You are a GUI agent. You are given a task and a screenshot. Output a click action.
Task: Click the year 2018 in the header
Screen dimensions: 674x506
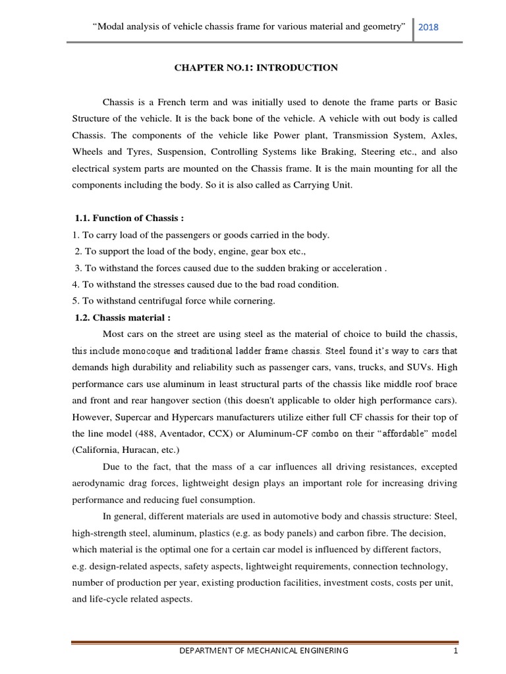428,27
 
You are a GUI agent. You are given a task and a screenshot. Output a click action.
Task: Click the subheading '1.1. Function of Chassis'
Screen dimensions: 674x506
126,219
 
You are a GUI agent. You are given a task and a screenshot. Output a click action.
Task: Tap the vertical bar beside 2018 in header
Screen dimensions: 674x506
413,27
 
